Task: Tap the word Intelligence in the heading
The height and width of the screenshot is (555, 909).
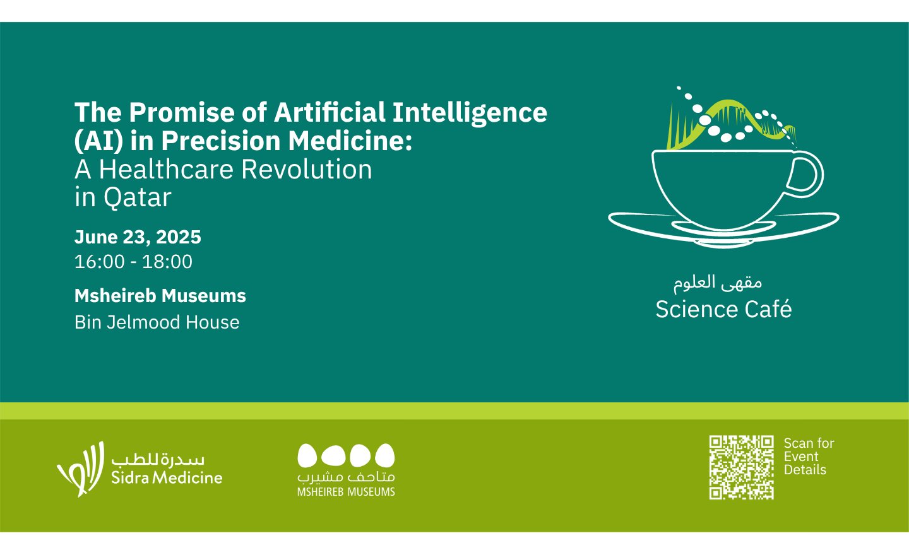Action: (470, 114)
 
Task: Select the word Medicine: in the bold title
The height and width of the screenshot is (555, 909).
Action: (350, 141)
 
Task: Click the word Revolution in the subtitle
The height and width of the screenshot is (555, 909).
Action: (306, 169)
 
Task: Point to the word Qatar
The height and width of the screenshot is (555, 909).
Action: (137, 198)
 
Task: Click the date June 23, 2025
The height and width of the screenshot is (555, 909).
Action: (138, 237)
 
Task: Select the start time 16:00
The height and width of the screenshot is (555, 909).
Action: (100, 262)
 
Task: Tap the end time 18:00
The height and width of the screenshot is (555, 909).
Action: (167, 262)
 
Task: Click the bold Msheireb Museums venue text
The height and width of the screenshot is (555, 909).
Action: (160, 296)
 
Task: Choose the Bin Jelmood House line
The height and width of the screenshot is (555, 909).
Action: (157, 322)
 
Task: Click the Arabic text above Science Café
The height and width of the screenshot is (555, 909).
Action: (718, 283)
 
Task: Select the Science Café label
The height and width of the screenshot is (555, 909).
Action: (723, 309)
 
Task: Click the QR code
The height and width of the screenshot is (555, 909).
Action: (741, 467)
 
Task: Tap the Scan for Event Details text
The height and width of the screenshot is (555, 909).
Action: (809, 457)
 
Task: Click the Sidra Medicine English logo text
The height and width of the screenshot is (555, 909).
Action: (167, 477)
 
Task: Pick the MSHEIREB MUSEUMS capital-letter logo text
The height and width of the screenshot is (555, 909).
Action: (346, 492)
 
